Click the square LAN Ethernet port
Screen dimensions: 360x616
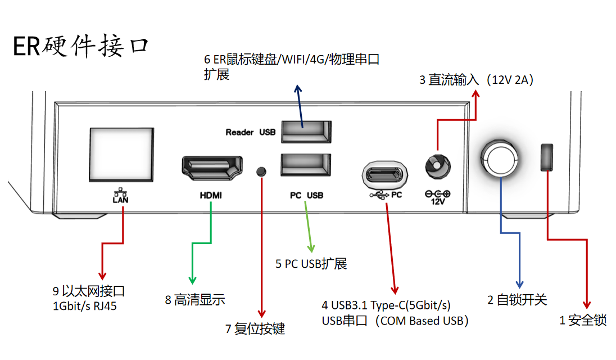coord(121,154)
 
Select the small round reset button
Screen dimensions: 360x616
coord(261,170)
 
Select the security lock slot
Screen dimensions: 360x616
coord(547,157)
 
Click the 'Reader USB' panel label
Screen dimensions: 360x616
coord(251,133)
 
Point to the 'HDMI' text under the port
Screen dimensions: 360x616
coord(211,196)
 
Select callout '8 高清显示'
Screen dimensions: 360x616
coord(194,300)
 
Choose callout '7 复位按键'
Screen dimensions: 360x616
coord(255,329)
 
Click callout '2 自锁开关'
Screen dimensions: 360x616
coord(517,300)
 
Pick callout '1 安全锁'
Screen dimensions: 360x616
coord(583,321)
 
